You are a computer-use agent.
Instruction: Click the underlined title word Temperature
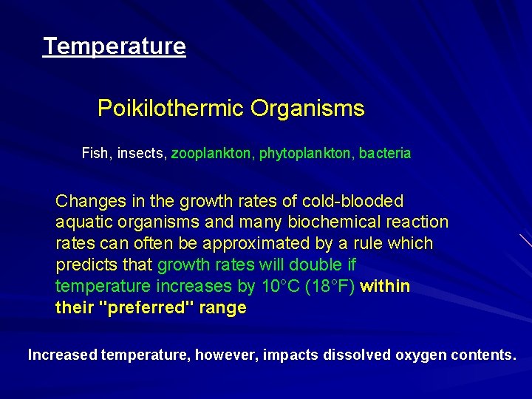click(115, 47)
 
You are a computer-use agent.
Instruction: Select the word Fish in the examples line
click(95, 154)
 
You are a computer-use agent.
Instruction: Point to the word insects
click(140, 154)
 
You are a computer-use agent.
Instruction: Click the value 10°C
click(280, 287)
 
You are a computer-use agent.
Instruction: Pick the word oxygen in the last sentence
click(420, 355)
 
